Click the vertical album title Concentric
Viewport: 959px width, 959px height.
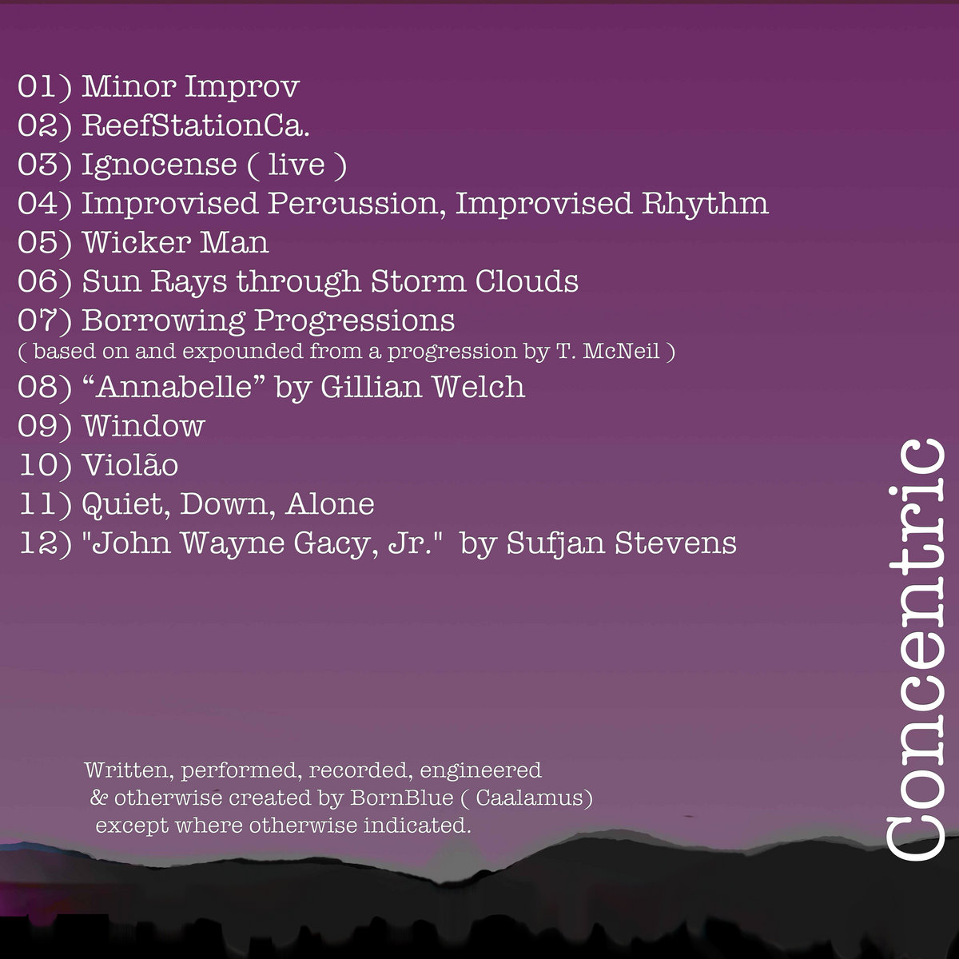click(916, 649)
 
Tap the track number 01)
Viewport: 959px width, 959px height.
click(45, 87)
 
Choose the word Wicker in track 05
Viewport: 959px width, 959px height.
click(137, 242)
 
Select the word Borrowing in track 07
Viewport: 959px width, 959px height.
click(164, 321)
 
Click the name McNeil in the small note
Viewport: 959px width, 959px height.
click(621, 352)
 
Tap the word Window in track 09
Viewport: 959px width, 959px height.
click(144, 427)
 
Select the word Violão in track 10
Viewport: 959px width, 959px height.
click(130, 464)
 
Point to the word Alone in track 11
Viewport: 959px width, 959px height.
click(330, 503)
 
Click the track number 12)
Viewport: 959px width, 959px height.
click(46, 543)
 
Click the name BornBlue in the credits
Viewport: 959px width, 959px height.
click(402, 798)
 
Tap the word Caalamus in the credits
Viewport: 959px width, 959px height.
click(530, 798)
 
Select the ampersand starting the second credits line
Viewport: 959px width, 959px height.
click(98, 798)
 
